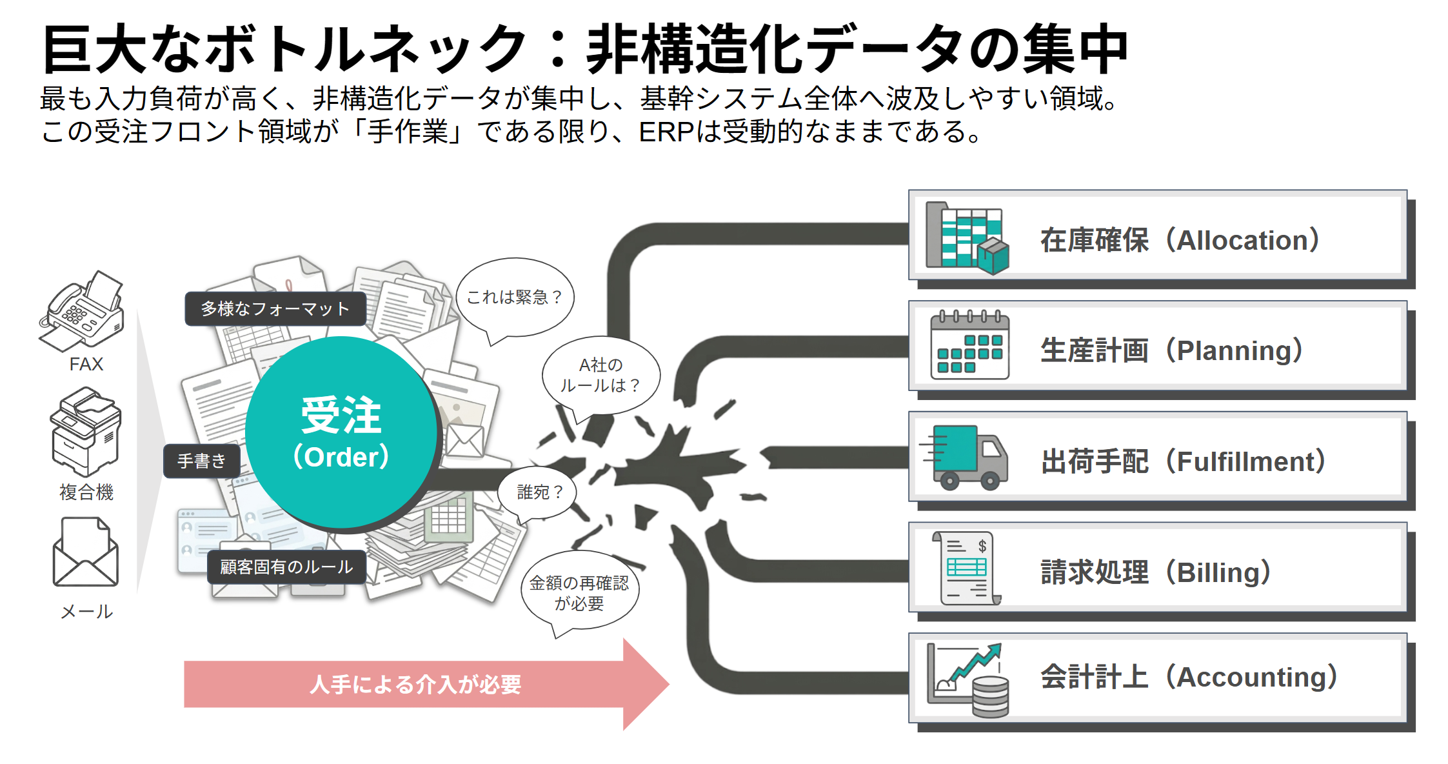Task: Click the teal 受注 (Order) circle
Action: [x=341, y=432]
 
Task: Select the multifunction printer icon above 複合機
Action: [x=86, y=431]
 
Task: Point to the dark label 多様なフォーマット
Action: [x=275, y=309]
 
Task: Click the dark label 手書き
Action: [x=202, y=461]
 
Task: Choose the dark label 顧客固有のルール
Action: [x=286, y=567]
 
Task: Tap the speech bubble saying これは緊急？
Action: [x=514, y=297]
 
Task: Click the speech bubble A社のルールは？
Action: [x=600, y=376]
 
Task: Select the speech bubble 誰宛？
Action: [x=539, y=492]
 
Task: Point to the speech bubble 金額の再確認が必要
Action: [x=579, y=592]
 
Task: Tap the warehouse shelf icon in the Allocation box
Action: [x=966, y=238]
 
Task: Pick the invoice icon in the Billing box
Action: [x=966, y=568]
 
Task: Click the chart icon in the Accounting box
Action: [x=967, y=679]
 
